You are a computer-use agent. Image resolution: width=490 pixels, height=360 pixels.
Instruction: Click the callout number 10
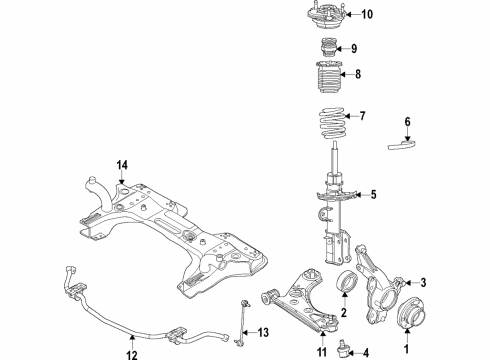click(366, 15)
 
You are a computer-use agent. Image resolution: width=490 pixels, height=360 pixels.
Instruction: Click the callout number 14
click(122, 165)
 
